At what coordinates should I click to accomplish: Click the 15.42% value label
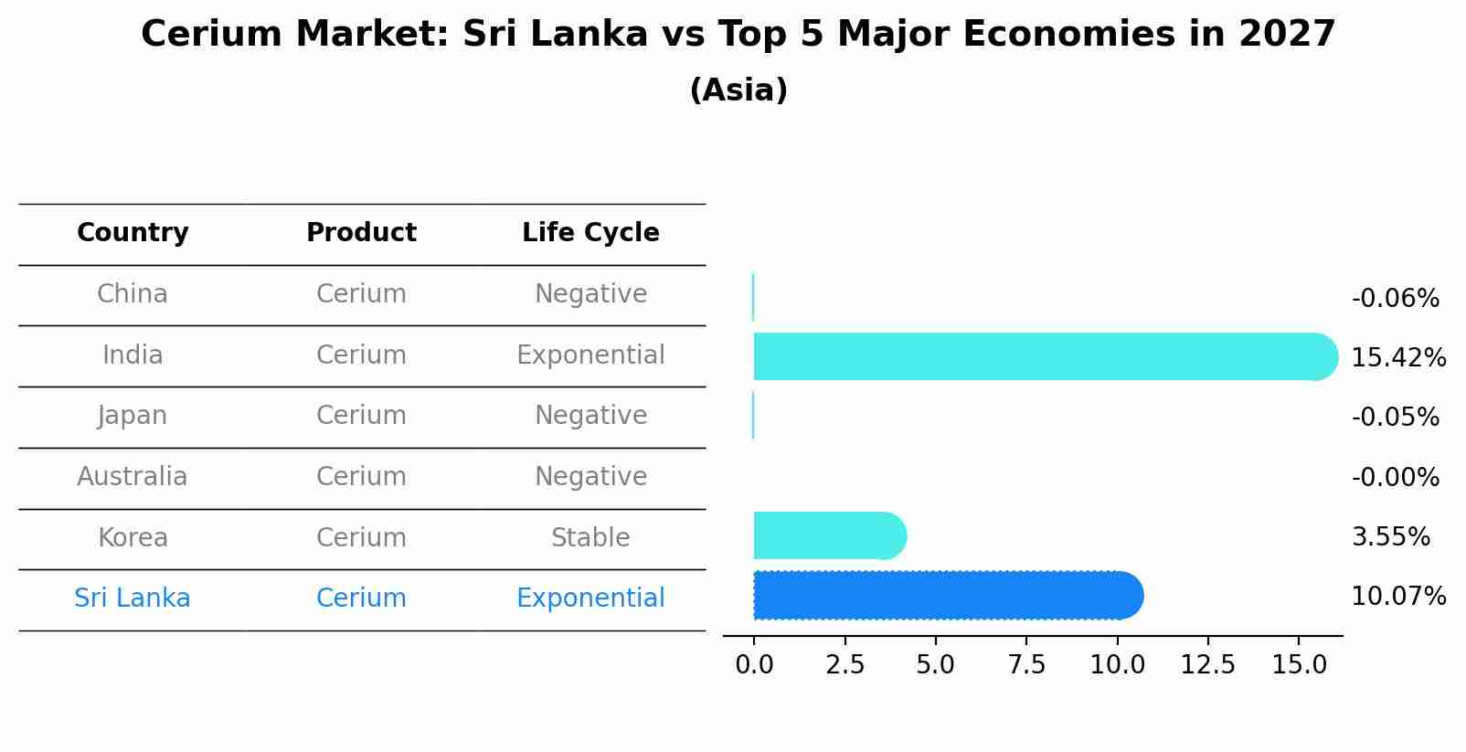coord(1397,357)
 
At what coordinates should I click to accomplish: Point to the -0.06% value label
coord(1395,299)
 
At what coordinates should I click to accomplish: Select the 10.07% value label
coord(1397,597)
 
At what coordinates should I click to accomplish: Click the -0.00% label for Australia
coord(1395,477)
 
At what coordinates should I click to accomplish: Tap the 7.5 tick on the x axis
coord(1025,665)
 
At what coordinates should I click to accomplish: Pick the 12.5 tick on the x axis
coord(1207,665)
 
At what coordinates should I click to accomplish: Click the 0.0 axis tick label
coord(754,665)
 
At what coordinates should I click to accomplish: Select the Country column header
coord(133,233)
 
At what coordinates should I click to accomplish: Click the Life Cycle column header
coord(590,233)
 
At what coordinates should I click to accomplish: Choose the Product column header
coord(361,233)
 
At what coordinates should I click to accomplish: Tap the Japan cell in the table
coord(133,416)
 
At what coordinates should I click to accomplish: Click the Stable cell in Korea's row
coord(590,537)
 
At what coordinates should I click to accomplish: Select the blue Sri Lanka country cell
coord(133,598)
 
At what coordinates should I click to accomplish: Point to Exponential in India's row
coord(590,355)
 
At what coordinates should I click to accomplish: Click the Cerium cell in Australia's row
coord(361,476)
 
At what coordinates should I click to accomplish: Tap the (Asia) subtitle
coord(738,90)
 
